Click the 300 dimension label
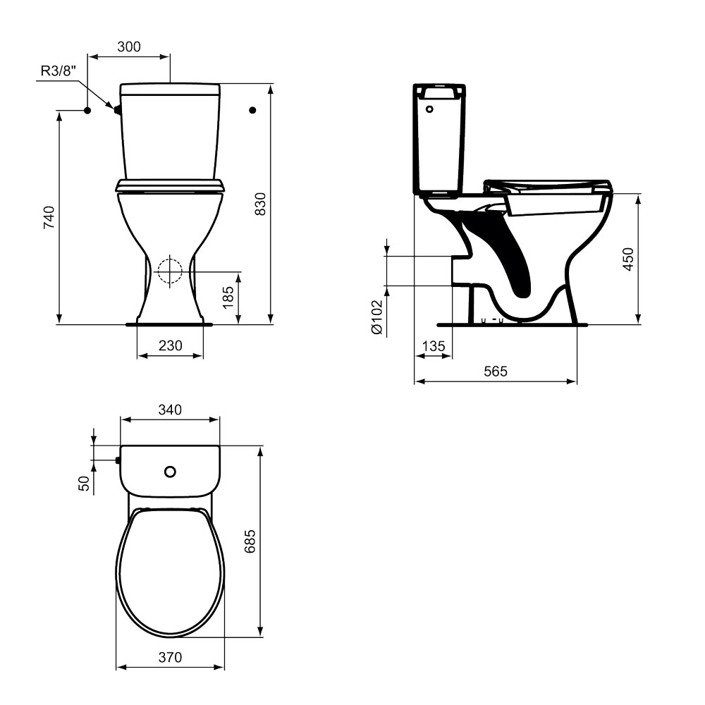click(129, 47)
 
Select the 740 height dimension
click(49, 217)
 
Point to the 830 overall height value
click(260, 204)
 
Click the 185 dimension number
click(228, 298)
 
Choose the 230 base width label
click(171, 345)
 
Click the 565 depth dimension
click(496, 372)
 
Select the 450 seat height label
click(628, 259)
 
